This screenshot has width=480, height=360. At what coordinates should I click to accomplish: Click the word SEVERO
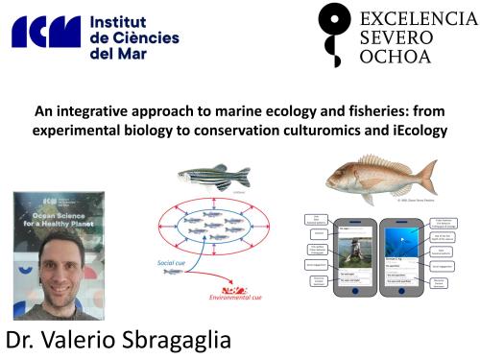[393, 38]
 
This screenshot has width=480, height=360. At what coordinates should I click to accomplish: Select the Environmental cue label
[235, 298]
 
